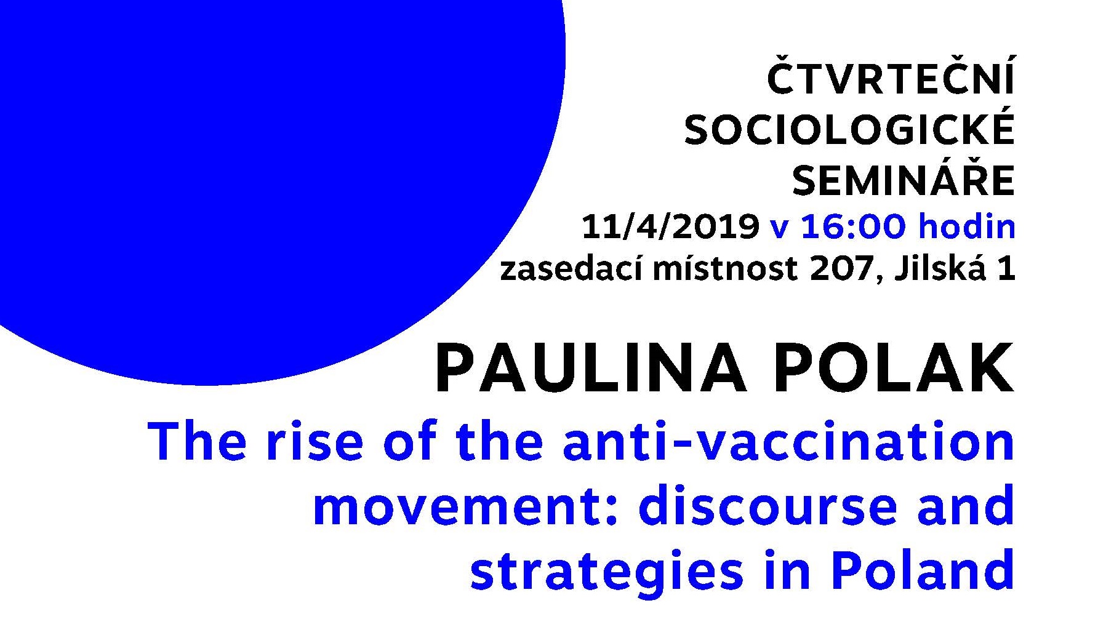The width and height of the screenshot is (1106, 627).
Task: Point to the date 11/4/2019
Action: click(670, 227)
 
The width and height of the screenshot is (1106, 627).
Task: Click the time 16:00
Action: click(854, 227)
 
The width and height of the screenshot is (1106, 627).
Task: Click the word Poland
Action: click(922, 570)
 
